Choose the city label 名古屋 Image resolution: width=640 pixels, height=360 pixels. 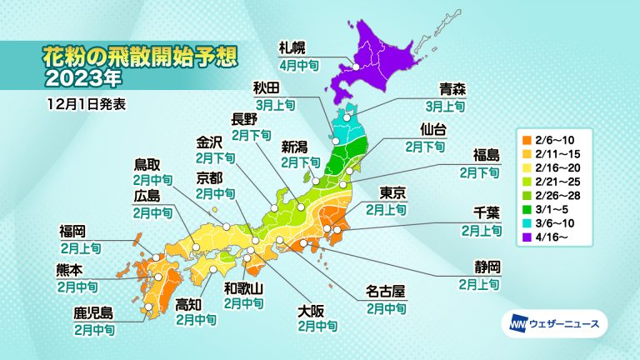(387, 292)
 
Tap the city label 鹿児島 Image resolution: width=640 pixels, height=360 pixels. (93, 315)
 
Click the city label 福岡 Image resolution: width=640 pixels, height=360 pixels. (73, 231)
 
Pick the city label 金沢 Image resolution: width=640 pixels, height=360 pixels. (212, 142)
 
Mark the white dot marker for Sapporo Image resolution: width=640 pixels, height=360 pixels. (357, 67)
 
